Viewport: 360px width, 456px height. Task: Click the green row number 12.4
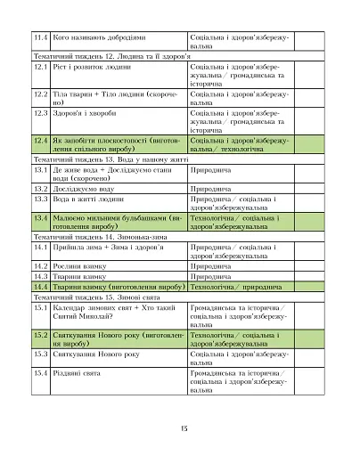pyautogui.click(x=39, y=140)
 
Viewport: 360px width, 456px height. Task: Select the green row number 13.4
pyautogui.click(x=39, y=217)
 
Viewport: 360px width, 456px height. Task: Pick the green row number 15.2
pyautogui.click(x=39, y=334)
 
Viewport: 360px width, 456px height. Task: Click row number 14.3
pyautogui.click(x=39, y=276)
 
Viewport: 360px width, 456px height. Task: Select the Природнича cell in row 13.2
pyautogui.click(x=213, y=189)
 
